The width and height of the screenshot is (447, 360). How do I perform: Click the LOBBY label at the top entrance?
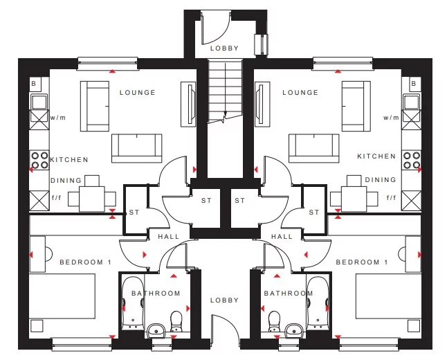224,48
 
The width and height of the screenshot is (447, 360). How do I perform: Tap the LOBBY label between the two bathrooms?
224,300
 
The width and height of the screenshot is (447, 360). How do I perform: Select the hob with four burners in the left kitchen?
39,161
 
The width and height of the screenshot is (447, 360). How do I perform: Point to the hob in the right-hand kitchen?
412,161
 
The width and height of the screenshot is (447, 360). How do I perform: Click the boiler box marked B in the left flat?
35,84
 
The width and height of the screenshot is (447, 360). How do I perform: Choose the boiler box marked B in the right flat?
415,84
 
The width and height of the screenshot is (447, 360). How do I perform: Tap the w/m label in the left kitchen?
58,118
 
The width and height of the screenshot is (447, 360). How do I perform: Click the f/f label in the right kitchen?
391,197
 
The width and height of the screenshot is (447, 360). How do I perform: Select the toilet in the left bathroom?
176,321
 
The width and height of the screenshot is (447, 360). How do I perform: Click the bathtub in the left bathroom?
133,303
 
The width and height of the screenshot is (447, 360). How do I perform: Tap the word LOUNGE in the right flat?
300,93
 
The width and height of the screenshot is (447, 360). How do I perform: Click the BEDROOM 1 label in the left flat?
85,262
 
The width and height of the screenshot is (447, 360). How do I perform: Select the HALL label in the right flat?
282,237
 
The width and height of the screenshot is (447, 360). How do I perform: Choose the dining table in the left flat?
92,199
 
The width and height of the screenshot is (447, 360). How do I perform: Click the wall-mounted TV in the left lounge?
188,105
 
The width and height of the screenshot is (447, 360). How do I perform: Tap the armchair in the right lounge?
356,106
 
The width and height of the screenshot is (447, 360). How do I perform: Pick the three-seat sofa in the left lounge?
136,148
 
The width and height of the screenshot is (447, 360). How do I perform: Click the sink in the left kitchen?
39,102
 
